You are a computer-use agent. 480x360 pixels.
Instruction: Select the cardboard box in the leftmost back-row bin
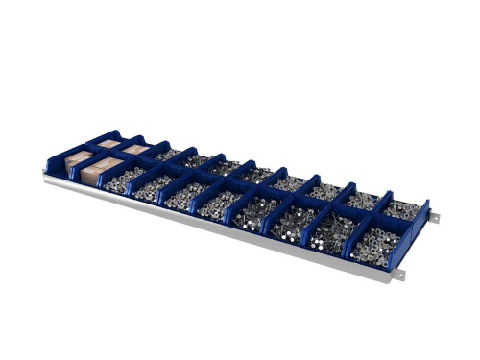tap(108, 145)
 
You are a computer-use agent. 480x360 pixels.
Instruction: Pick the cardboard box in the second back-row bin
tap(133, 151)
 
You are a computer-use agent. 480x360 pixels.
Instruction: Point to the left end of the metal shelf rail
tap(48, 175)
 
